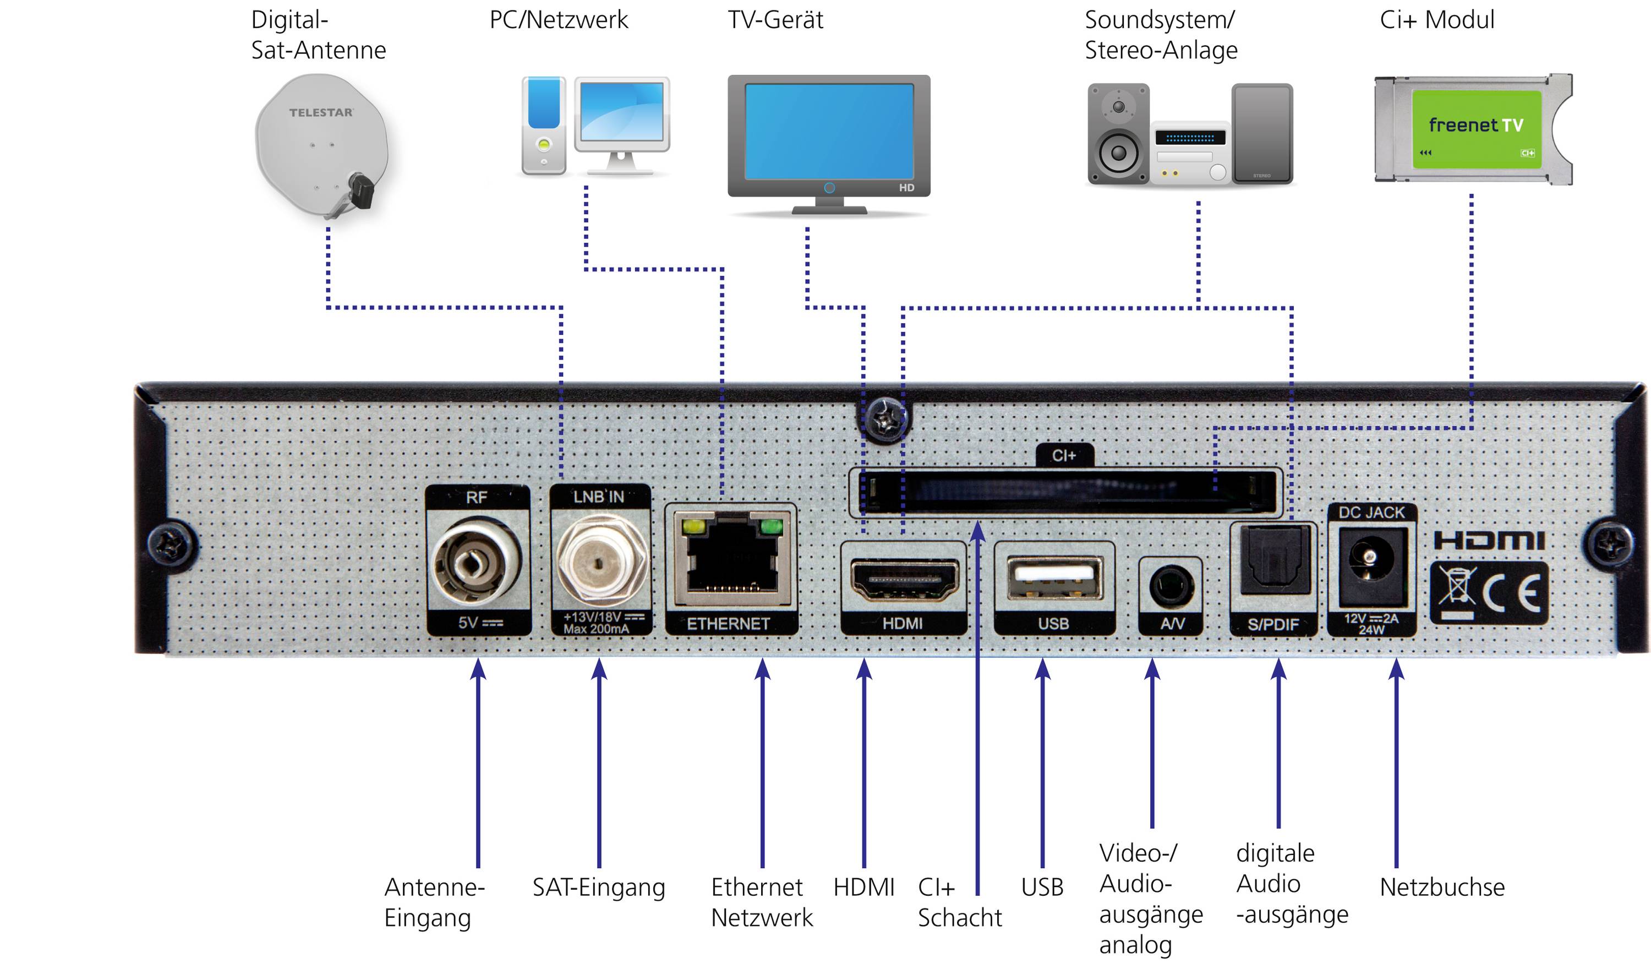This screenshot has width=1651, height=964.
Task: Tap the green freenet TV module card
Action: coord(1475,129)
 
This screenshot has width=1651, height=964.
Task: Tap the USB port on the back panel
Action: coord(1054,578)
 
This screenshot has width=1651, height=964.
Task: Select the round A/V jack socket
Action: coord(1171,585)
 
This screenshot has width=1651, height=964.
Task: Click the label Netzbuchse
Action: coord(1441,887)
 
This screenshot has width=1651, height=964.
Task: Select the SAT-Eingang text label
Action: coord(598,887)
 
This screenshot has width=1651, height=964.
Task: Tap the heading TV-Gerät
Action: coord(775,20)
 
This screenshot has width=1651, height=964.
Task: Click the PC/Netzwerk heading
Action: coord(558,20)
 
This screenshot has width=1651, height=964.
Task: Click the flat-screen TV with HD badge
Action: coord(829,141)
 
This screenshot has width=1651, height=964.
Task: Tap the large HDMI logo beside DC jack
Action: coord(1489,541)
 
